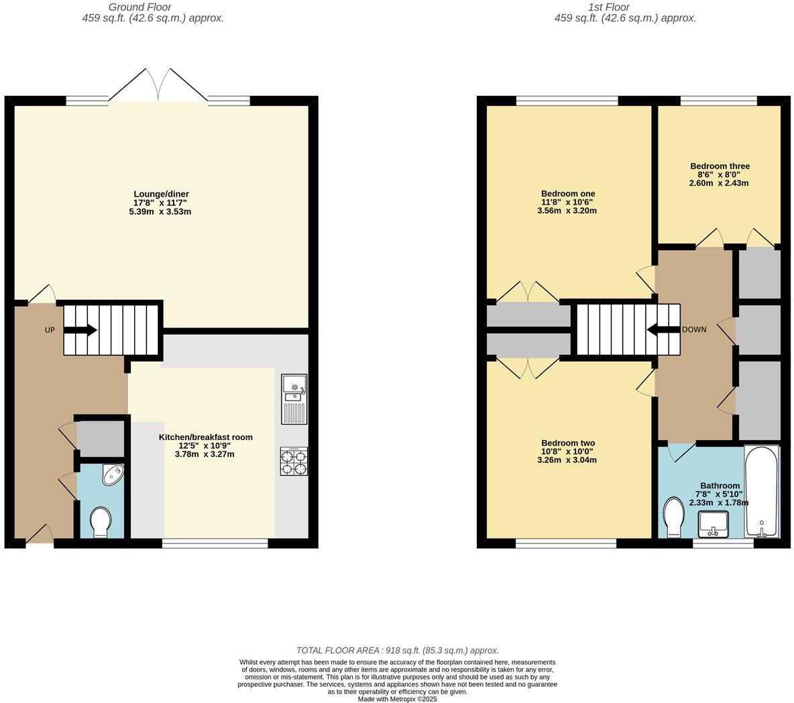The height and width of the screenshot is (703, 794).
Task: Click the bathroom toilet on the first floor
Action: [x=673, y=517]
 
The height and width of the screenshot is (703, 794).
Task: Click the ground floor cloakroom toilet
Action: [x=101, y=522]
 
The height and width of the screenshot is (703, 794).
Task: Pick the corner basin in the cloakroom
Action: [x=111, y=475]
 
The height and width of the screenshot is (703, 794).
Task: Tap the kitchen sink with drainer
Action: [x=294, y=399]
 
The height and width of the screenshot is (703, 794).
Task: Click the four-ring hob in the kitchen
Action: [x=294, y=462]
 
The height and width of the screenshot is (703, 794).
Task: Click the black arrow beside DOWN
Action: [x=663, y=329]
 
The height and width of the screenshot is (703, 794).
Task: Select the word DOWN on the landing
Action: [x=694, y=330]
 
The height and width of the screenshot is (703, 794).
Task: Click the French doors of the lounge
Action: [x=158, y=86]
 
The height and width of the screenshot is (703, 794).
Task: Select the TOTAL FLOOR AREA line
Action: [x=397, y=650]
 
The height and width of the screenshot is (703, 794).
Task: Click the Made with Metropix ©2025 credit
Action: [x=397, y=698]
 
